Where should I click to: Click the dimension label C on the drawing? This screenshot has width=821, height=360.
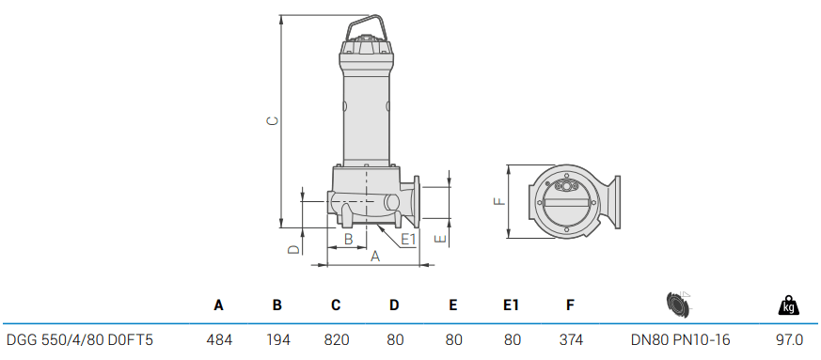tap(273, 121)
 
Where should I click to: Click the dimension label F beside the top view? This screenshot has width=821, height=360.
tap(500, 200)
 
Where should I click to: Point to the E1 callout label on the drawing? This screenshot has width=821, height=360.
tap(408, 239)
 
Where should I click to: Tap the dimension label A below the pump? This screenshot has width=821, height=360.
tap(375, 257)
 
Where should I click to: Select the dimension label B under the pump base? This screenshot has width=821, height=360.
tap(348, 239)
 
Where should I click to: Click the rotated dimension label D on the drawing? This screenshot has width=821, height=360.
tap(294, 249)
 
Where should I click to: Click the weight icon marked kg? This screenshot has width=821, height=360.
tap(789, 305)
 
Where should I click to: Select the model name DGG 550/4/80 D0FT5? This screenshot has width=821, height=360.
tap(80, 340)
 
